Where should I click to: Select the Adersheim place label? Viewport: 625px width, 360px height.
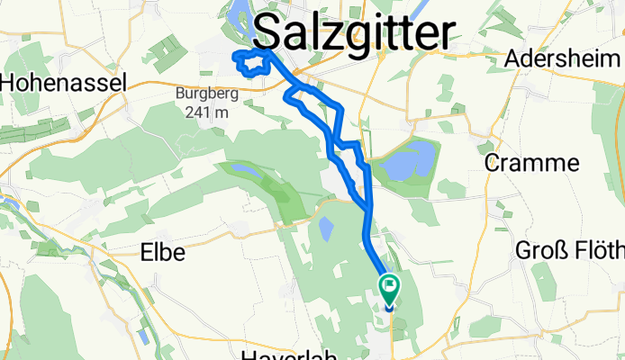pos(565,58)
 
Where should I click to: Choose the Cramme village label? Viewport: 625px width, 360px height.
pos(531,163)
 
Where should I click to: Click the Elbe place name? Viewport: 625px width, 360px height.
pos(162,253)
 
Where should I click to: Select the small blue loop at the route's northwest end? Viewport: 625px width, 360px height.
pos(251,63)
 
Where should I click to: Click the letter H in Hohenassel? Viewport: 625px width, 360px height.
pos(9,83)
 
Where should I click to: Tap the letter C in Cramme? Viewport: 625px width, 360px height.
pos(494,163)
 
